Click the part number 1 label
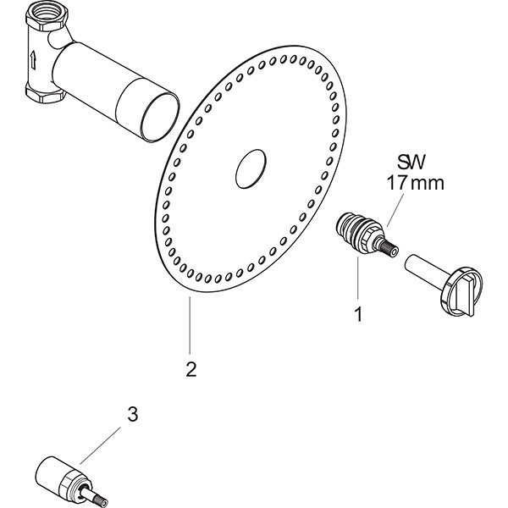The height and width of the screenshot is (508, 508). [x=357, y=314]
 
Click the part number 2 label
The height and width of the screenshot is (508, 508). [x=191, y=369]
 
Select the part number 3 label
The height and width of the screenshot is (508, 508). [x=131, y=415]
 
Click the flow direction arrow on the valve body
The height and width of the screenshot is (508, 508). [x=33, y=60]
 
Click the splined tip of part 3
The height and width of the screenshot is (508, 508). [x=97, y=499]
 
